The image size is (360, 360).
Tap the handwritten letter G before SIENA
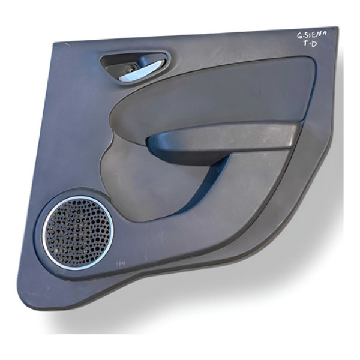pos(299,36)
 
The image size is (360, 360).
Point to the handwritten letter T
pos(306,43)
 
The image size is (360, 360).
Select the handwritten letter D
pos(314,44)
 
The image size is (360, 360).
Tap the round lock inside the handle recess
pos(130,68)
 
